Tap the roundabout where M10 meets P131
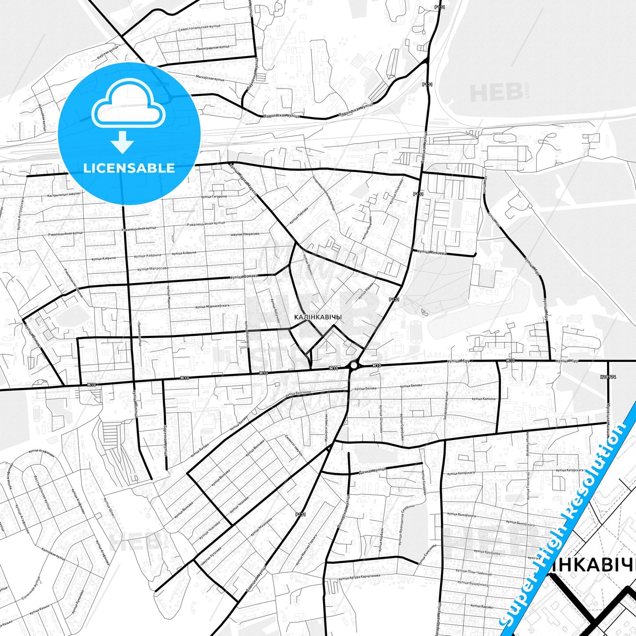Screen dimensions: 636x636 [x=354, y=365]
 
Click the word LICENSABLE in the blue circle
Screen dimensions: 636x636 [x=129, y=168]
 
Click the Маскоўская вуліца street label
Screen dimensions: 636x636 [x=210, y=78]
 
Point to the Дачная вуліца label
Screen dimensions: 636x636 [x=372, y=471]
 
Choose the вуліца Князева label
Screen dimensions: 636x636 [x=431, y=252]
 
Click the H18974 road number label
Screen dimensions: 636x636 [x=608, y=377]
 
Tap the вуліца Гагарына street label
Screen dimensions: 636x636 [x=214, y=196]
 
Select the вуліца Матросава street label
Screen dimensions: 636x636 [x=151, y=268]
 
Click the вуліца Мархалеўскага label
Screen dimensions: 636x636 [x=213, y=306]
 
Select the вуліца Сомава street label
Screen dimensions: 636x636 [x=243, y=276]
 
